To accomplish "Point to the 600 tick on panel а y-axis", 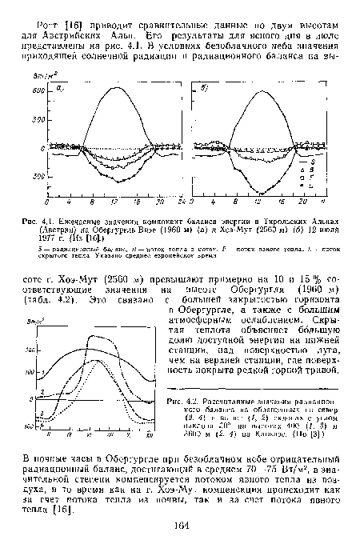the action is (x=35, y=92).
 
